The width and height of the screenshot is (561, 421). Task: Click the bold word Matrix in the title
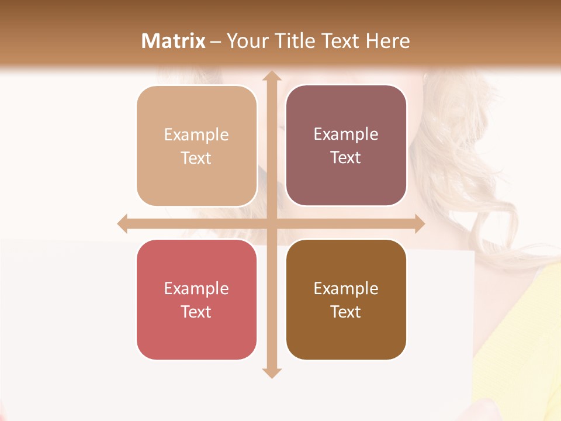point(174,41)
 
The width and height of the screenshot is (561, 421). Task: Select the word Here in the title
point(387,41)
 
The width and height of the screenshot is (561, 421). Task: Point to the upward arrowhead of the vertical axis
point(271,76)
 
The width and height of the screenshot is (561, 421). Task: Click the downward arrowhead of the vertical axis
point(271,372)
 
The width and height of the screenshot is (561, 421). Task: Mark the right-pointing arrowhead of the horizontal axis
point(419,224)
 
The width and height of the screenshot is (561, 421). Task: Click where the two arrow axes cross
point(271,224)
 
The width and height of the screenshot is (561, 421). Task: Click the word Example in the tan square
point(196,135)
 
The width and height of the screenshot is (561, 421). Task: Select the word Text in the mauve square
point(345,158)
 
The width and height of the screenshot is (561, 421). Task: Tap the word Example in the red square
point(196,289)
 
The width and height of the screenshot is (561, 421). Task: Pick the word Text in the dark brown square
point(345,312)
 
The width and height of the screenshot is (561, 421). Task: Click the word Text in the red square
point(196,312)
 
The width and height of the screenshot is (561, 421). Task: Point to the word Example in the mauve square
point(346,134)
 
